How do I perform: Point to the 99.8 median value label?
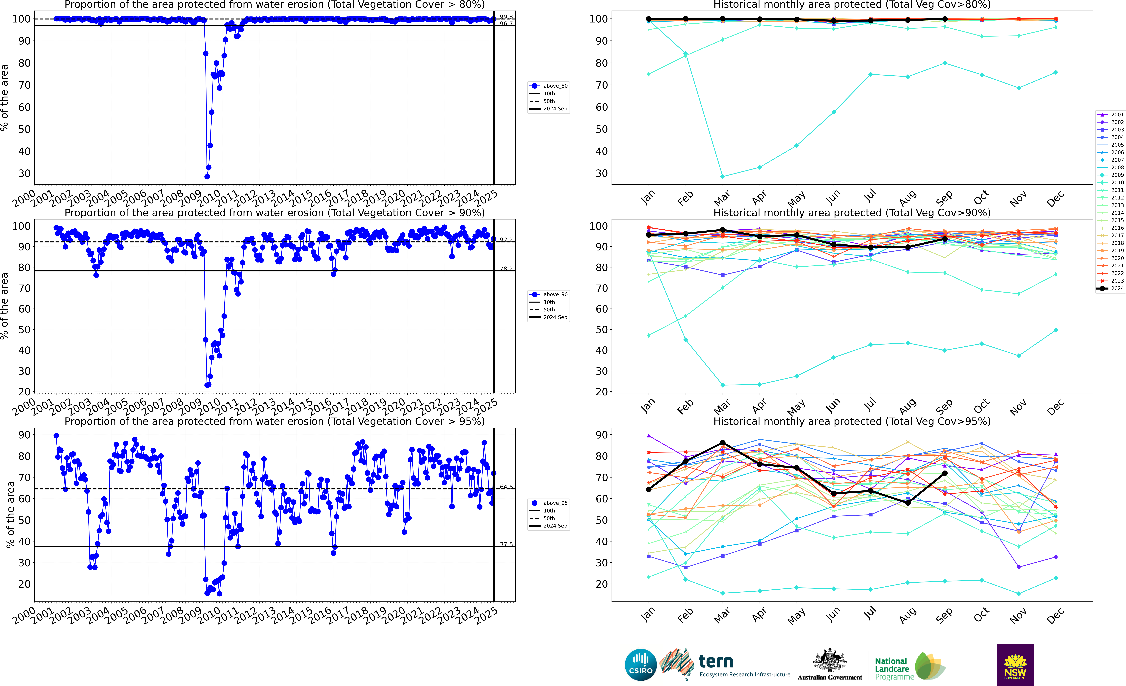point(506,17)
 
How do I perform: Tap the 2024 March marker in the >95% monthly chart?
point(722,443)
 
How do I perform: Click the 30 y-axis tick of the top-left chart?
point(24,173)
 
